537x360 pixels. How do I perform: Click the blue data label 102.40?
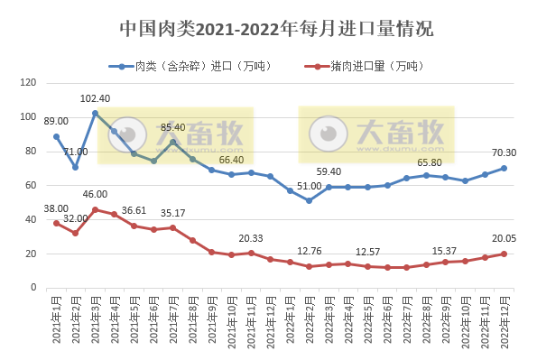[x=95, y=98]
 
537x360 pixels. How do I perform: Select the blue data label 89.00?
[x=56, y=121]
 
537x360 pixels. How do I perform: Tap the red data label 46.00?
[x=95, y=194]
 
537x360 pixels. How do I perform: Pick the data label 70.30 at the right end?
[x=504, y=152]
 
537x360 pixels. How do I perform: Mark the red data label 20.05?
[x=504, y=237]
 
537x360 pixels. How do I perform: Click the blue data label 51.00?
[x=309, y=186]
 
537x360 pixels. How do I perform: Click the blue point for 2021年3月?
[x=95, y=113]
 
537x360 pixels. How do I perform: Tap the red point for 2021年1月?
[x=56, y=223]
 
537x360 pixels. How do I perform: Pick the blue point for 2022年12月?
[x=504, y=168]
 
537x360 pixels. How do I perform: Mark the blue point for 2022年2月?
[x=309, y=200]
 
